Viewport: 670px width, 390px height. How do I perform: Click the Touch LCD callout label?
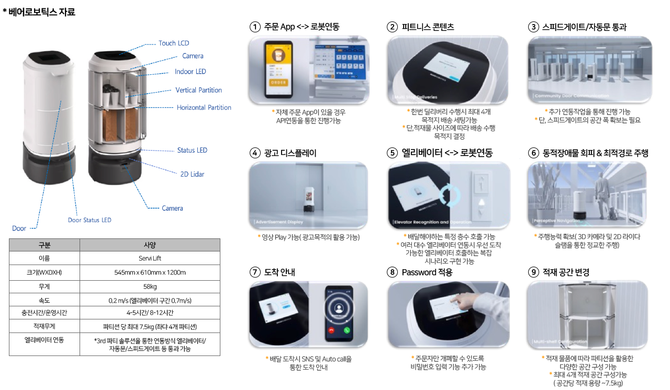click(x=174, y=43)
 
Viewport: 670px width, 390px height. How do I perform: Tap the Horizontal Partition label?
click(x=204, y=108)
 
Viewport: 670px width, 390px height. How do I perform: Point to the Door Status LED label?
click(x=90, y=220)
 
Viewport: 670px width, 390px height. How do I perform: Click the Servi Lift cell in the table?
click(x=150, y=258)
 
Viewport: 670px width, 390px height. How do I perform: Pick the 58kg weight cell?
click(x=150, y=286)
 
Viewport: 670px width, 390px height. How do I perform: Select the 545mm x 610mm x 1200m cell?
click(x=150, y=272)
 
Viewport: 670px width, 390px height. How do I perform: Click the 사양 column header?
click(x=150, y=245)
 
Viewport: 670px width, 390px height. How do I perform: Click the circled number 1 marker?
click(x=255, y=27)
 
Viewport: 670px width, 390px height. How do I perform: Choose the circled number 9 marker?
click(x=533, y=272)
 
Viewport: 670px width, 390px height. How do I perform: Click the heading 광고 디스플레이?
click(x=290, y=153)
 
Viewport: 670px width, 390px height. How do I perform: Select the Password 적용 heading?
click(x=427, y=272)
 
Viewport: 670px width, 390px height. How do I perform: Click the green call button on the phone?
click(x=346, y=331)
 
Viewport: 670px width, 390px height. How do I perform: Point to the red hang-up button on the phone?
click(x=330, y=331)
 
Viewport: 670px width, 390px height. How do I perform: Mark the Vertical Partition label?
click(x=198, y=90)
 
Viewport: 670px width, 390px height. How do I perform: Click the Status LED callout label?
click(x=192, y=151)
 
